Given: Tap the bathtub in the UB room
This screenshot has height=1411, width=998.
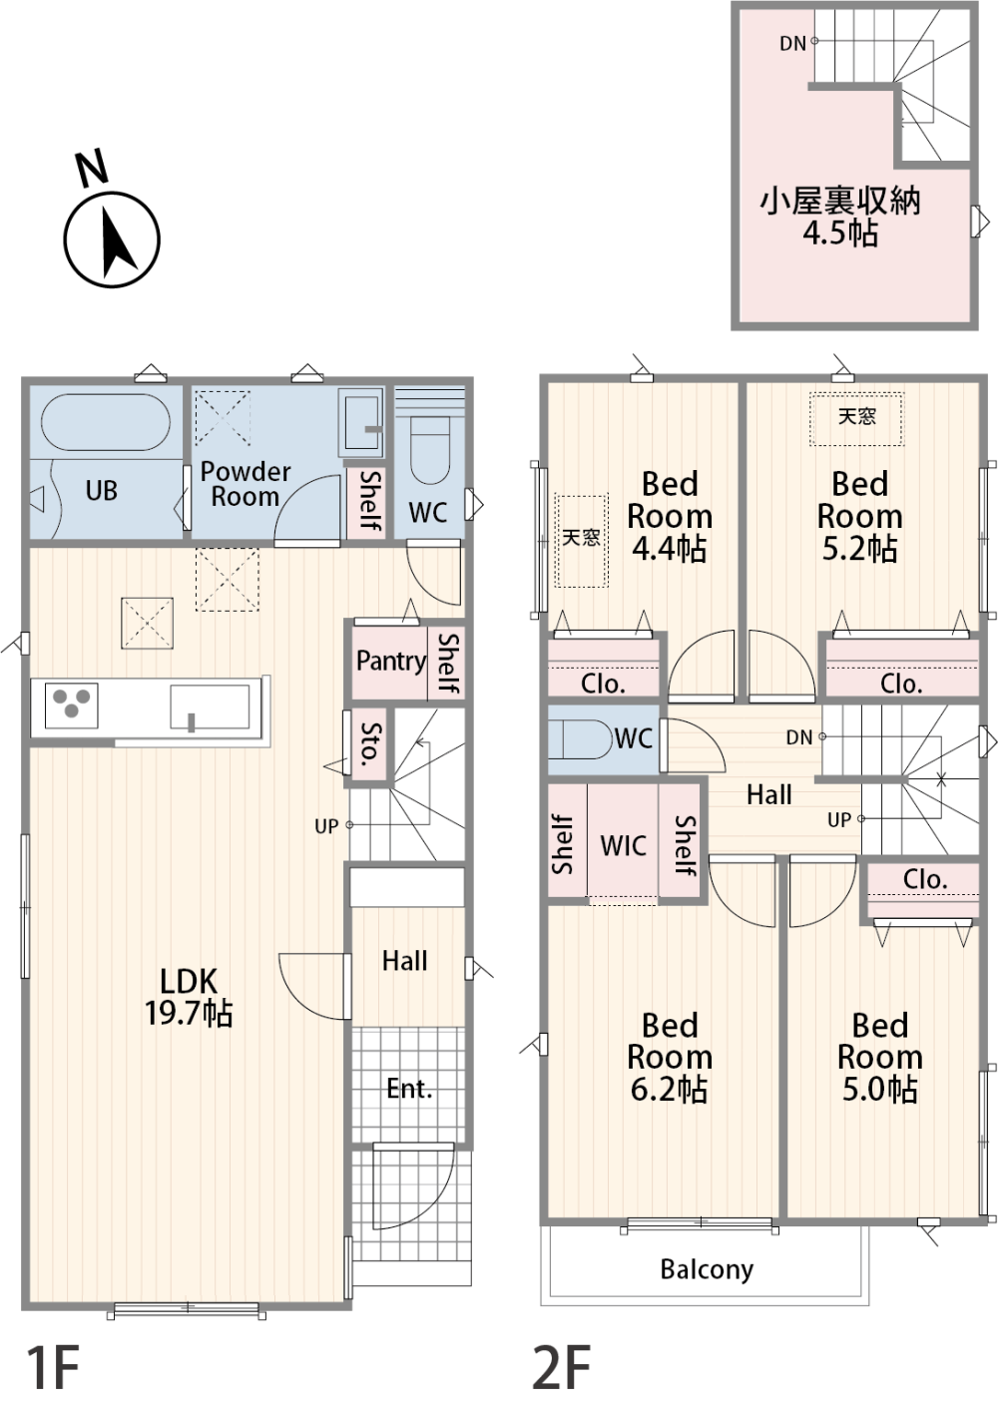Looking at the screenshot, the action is click(105, 422).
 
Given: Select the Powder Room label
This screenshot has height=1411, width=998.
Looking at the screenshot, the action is click(246, 484).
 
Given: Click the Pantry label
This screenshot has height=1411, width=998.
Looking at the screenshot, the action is click(391, 662).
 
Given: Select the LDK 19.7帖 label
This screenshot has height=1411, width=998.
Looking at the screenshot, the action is click(189, 997).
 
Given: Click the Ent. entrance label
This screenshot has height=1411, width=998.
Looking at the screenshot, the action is click(409, 1089).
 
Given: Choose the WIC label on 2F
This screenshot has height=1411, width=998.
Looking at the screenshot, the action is click(623, 846).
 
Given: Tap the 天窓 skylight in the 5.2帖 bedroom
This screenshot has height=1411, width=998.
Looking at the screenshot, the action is click(857, 419).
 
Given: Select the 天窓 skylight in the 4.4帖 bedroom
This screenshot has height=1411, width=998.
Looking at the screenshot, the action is click(582, 541).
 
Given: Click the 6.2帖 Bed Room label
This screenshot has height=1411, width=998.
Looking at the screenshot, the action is click(669, 1059).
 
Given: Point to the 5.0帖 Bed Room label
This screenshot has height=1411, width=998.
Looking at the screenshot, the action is click(880, 1059).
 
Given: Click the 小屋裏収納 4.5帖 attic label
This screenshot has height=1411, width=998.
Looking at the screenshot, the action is click(840, 218).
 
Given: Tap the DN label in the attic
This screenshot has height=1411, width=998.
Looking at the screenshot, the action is click(792, 44).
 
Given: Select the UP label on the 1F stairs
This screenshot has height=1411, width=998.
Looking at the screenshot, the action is click(326, 826).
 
